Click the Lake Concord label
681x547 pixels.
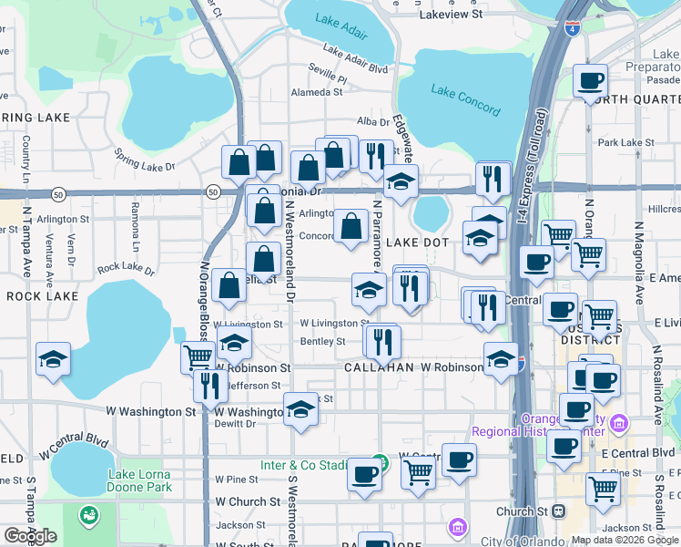[x=465, y=100]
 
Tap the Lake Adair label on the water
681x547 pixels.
[x=341, y=26]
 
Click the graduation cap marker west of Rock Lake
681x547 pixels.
[x=53, y=359]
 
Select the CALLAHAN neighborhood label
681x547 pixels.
[x=379, y=366]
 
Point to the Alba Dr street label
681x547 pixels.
[x=373, y=121]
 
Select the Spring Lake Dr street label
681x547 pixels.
[x=144, y=163]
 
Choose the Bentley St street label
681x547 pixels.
[x=322, y=342]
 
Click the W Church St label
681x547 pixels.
[x=248, y=501]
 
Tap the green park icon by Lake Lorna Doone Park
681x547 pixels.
[x=88, y=515]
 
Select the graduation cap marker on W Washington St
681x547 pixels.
[x=300, y=411]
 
